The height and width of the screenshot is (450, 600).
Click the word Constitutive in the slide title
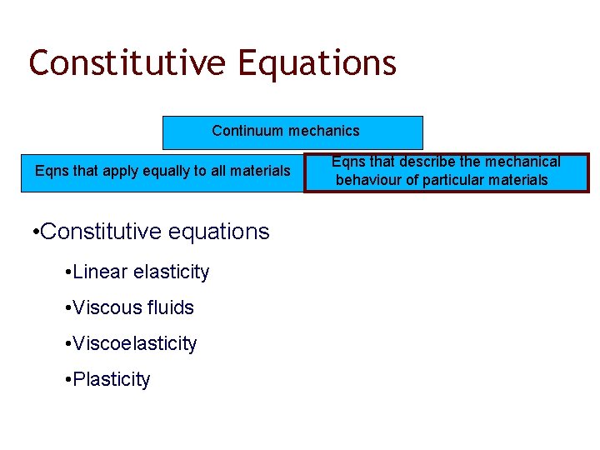[127, 62]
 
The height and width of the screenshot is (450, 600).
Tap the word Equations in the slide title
[317, 62]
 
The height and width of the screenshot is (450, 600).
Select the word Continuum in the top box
[247, 131]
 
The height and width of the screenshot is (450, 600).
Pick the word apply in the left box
[115, 171]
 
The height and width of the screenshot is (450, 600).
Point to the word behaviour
[370, 180]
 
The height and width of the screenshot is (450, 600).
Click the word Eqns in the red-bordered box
[347, 162]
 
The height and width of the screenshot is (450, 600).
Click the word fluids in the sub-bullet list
[171, 307]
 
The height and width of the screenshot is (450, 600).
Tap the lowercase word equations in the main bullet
[218, 232]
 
